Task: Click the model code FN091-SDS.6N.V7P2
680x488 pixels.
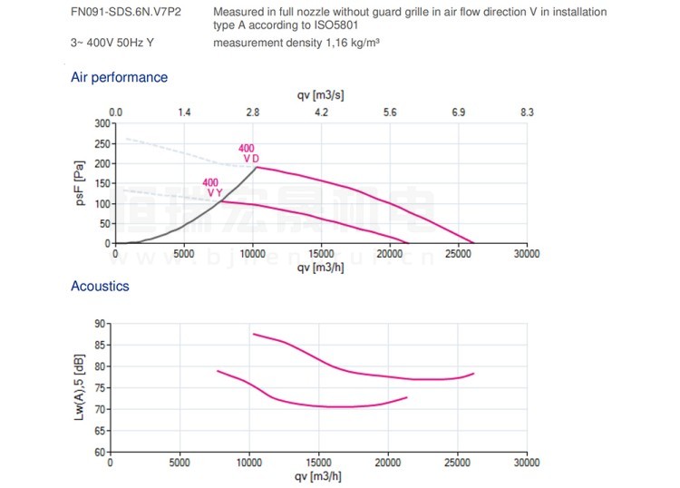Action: [126, 13]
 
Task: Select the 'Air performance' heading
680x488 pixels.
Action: [119, 78]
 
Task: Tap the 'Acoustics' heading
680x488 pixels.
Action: [100, 287]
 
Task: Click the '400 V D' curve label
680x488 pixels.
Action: [248, 153]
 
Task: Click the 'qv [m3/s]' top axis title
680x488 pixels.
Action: [320, 95]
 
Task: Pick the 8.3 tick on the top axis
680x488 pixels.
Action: [527, 112]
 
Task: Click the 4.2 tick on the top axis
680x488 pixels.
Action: [321, 112]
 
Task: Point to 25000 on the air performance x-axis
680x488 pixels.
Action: [458, 255]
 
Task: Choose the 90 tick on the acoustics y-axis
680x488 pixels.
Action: [100, 323]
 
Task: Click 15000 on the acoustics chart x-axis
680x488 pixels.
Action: [318, 463]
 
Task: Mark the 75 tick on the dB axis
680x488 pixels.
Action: [100, 387]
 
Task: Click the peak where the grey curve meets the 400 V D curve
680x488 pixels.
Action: [257, 167]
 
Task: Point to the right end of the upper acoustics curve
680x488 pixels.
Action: [473, 374]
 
